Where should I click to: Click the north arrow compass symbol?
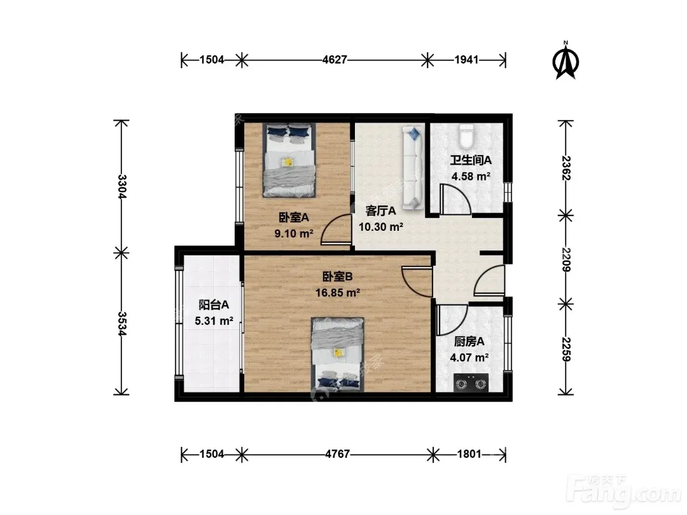click(x=566, y=60)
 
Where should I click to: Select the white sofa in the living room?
click(x=412, y=168)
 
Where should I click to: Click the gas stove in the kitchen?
click(x=471, y=382)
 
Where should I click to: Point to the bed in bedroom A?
click(x=289, y=160)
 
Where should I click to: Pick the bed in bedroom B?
click(x=337, y=354)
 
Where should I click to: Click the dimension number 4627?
click(x=335, y=60)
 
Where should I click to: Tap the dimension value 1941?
click(x=466, y=60)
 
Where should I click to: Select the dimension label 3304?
click(x=122, y=186)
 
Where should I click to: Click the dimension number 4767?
click(x=337, y=454)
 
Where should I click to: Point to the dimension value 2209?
click(x=566, y=259)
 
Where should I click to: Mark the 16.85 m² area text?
click(x=338, y=292)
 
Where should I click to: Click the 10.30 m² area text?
click(x=381, y=227)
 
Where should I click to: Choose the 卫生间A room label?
click(x=471, y=160)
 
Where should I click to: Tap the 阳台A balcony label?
click(x=214, y=305)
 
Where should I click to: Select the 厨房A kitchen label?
click(x=469, y=341)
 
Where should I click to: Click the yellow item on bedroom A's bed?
click(x=288, y=163)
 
